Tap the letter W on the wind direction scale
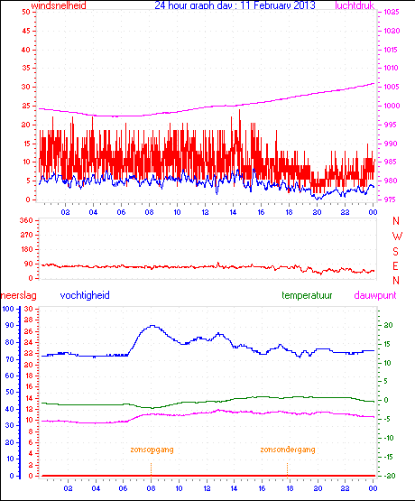point(395,237)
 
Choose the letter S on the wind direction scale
point(395,251)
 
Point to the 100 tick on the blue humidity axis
point(8,309)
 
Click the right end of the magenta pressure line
point(373,84)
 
